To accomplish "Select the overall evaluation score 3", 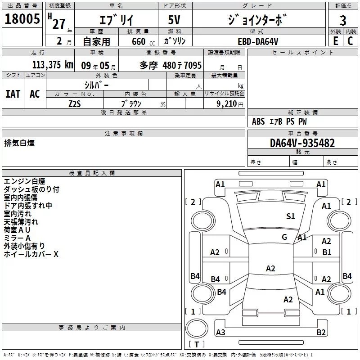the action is coord(343,21).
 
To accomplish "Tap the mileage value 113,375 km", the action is coord(53,65).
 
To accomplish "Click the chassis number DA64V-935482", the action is coord(302,143).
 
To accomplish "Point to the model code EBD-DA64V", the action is coord(258,41).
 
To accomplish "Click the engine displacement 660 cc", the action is coord(135,41).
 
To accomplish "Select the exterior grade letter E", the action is coord(335,40).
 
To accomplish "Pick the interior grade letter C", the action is coord(350,40).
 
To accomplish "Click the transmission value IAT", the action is coord(13,94).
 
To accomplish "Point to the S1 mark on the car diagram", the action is coord(291,216).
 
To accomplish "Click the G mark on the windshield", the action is coord(284,237).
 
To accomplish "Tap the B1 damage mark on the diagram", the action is coord(327,252).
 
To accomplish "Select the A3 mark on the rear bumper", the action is coord(220,333).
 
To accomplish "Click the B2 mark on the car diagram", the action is coord(321,333).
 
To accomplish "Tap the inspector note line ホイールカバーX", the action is coord(31,254).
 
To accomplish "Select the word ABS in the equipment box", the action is coord(258,121).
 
